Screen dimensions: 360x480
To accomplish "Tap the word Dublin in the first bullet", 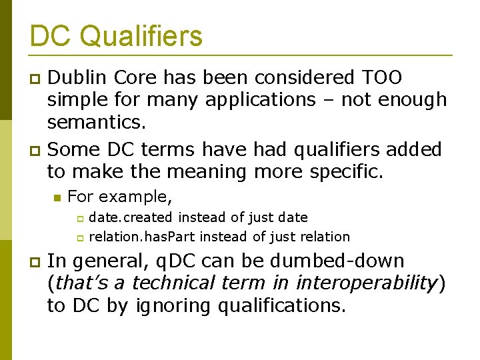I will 77,77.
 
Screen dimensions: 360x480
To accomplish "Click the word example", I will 135,197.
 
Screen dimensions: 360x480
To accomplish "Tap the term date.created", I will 131,217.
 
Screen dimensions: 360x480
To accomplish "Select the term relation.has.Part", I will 142,236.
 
